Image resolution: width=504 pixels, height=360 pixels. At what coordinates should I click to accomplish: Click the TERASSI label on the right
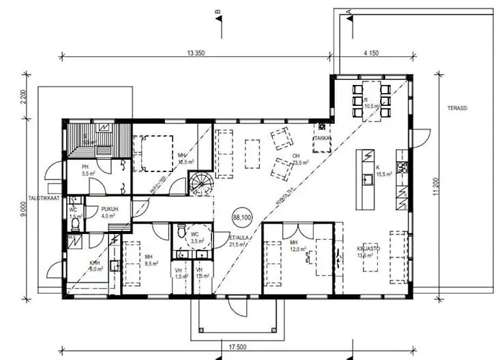coord(457,107)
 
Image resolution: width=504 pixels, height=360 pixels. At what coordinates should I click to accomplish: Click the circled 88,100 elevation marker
coord(241,215)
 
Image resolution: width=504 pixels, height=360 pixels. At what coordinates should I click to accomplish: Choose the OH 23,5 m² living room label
coord(298,158)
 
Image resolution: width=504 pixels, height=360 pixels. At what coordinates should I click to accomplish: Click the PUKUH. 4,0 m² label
coord(109,211)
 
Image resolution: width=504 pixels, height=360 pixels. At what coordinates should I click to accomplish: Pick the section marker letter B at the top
coord(215,12)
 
